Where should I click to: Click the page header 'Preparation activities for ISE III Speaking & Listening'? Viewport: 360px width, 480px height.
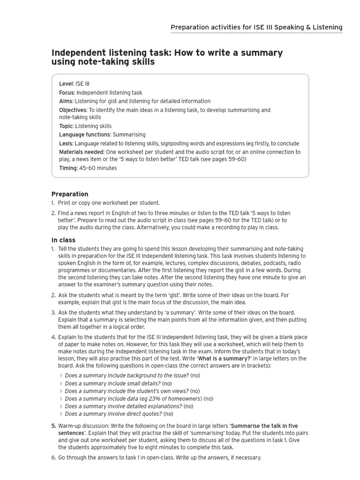[x=256, y=27]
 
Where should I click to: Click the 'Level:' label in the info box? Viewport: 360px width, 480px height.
[x=67, y=84]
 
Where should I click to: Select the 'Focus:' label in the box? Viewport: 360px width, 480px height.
[x=67, y=93]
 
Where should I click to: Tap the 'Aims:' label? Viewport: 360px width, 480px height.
[x=66, y=101]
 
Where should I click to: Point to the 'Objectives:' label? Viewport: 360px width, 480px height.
[x=73, y=110]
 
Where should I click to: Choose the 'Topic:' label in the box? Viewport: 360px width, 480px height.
[x=66, y=126]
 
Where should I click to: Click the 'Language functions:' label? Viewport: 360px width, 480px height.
[x=85, y=135]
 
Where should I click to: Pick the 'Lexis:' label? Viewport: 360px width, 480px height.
[x=66, y=143]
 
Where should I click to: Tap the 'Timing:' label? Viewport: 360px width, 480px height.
[x=68, y=168]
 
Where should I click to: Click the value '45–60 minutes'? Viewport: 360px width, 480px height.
[x=98, y=168]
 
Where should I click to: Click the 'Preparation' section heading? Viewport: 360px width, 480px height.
[x=70, y=194]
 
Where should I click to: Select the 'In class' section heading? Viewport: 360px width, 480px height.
[x=63, y=240]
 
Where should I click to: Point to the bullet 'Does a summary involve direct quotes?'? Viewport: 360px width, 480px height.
[x=113, y=414]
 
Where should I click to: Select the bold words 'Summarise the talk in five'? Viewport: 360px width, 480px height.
[x=264, y=426]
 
